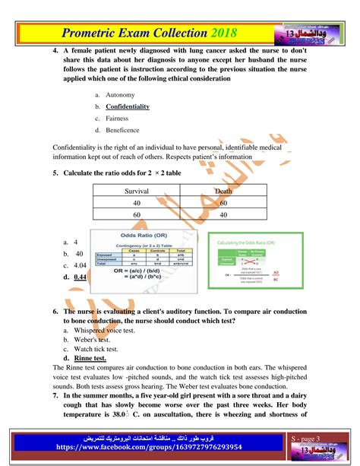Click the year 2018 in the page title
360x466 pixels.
(221, 33)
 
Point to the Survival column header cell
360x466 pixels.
(137, 192)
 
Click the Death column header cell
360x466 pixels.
(223, 192)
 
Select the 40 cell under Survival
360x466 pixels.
(137, 204)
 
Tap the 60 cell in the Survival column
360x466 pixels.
(137, 216)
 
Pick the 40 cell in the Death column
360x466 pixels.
(223, 216)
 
